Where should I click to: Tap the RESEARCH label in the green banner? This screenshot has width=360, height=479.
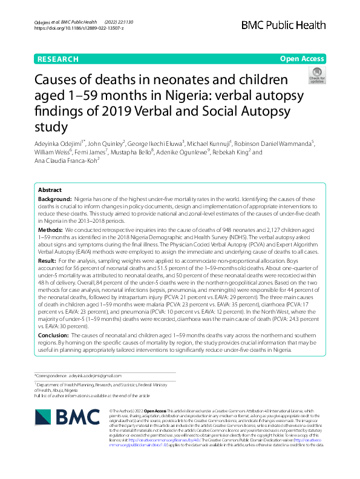pos(58,59)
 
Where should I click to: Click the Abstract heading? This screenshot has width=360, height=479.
pos(51,190)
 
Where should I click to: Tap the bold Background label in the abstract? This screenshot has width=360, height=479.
pos(54,199)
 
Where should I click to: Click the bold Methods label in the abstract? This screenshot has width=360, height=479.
pos(50,231)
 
